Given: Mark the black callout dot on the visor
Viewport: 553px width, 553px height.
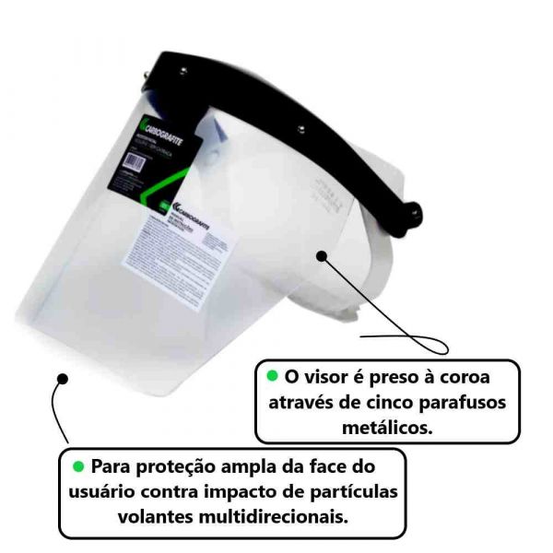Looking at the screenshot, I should [x=322, y=253].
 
